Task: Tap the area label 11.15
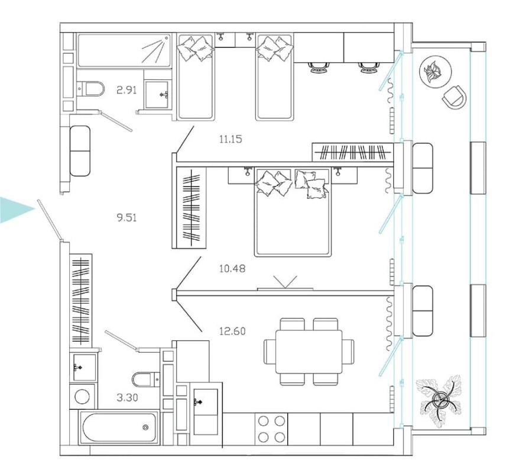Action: [231, 140]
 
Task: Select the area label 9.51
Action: [126, 217]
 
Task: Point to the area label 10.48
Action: [232, 268]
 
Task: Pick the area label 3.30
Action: [127, 397]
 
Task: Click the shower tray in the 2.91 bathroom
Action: [123, 50]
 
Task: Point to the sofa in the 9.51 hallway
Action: [80, 150]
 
